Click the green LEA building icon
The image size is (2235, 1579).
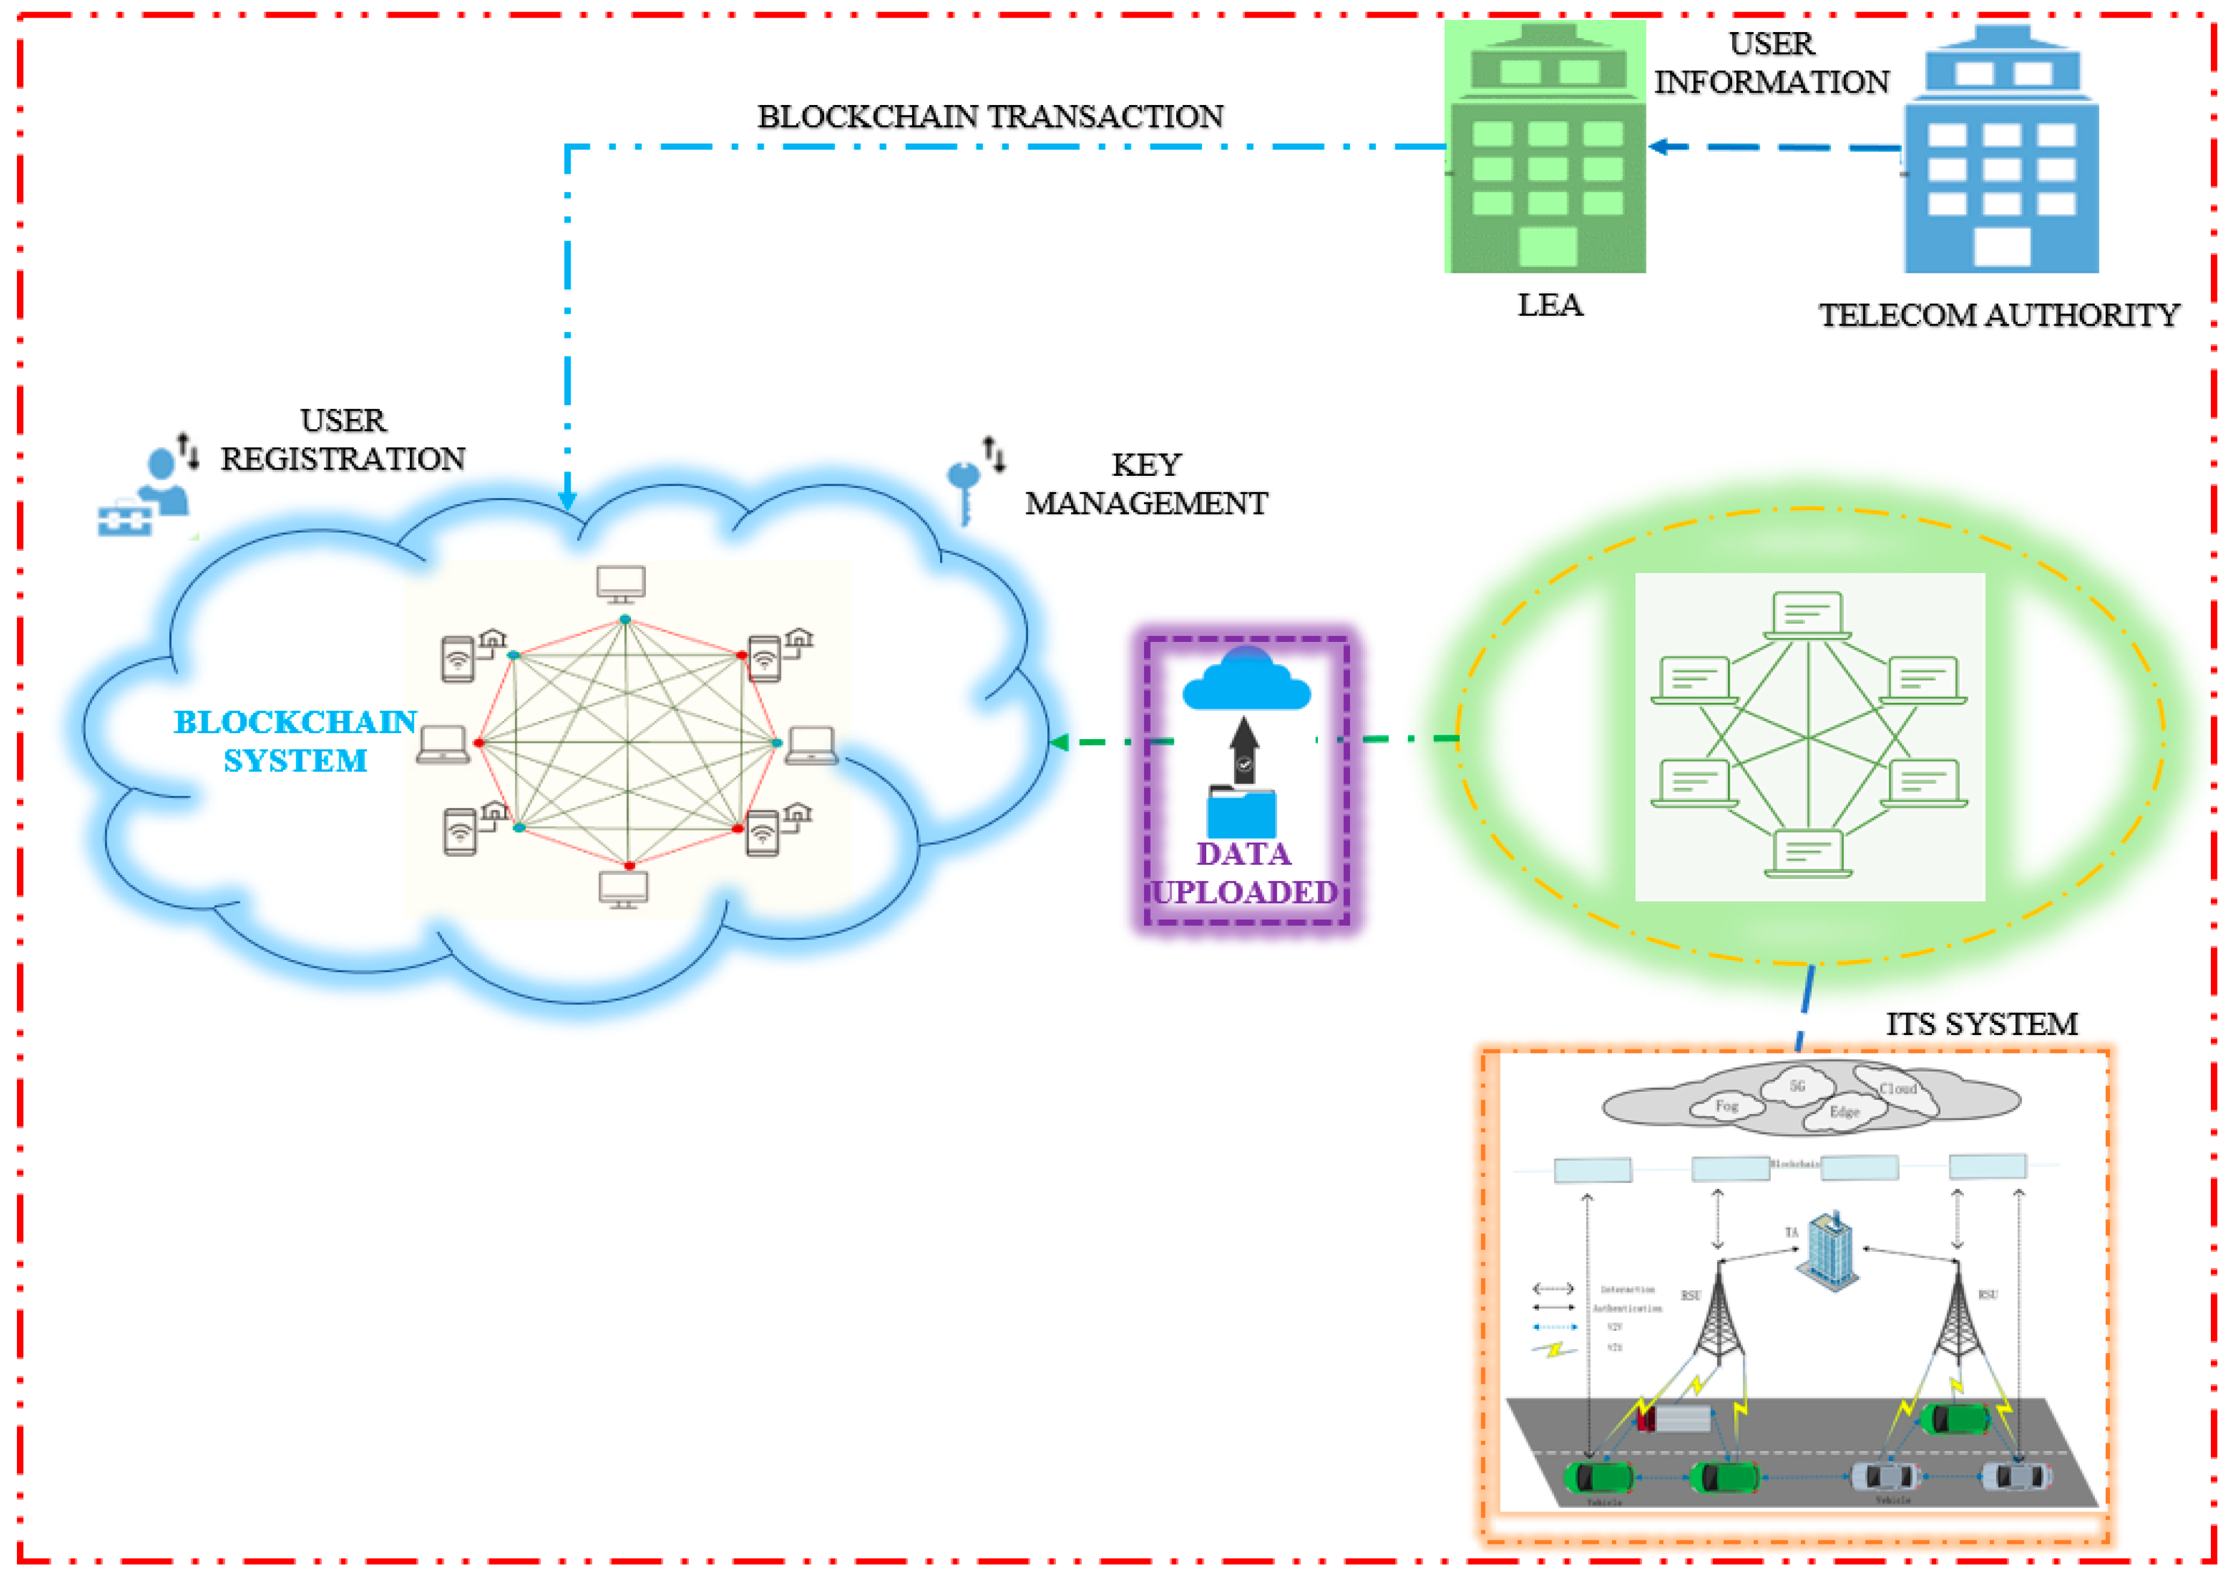pos(1546,148)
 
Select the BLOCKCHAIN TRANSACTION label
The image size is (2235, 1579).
pos(990,117)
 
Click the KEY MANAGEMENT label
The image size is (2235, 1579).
pos(1146,484)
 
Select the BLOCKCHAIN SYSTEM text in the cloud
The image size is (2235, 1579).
pos(295,741)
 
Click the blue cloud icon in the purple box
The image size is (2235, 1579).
pos(1246,679)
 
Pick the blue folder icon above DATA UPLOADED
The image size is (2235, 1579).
pos(1242,811)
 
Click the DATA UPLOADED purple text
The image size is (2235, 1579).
pos(1244,873)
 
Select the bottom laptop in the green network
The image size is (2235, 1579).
pos(1808,853)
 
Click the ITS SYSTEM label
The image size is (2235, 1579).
pos(1981,1024)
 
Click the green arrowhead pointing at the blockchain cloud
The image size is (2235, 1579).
pos(1059,742)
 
